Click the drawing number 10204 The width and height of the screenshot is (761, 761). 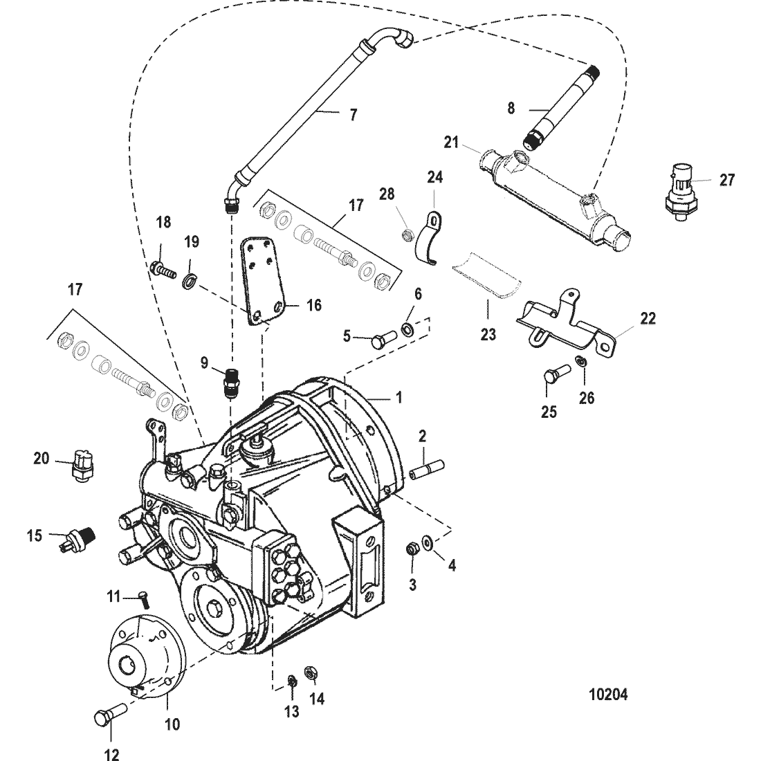point(608,695)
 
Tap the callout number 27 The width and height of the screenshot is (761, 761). point(726,180)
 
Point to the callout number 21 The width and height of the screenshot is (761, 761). point(451,143)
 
